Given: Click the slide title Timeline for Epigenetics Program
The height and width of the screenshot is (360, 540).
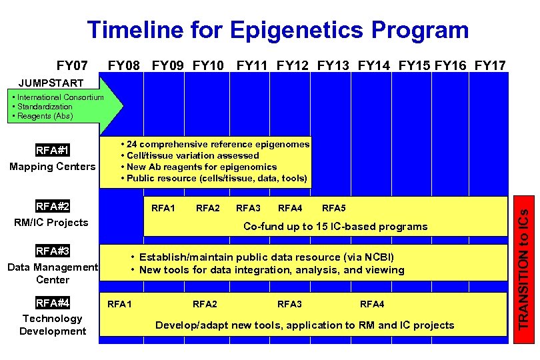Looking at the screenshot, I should tap(278, 30).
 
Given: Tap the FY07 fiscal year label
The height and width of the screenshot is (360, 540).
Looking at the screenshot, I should tap(72, 65).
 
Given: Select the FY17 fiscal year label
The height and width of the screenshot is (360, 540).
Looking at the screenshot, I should tap(490, 65).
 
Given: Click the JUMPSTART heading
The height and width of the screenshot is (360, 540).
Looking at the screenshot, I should tap(51, 83).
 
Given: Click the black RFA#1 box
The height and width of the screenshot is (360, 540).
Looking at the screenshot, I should tap(53, 150).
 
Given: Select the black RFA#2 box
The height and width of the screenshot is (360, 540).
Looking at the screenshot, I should tap(53, 207).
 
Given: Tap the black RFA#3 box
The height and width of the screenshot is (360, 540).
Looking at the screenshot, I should tap(53, 251).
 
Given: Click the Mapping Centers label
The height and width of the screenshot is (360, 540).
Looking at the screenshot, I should tap(53, 167).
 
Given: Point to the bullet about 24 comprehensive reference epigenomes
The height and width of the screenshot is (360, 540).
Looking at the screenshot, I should tap(215, 144).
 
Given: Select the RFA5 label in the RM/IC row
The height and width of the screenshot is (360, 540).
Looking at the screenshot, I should tap(334, 208).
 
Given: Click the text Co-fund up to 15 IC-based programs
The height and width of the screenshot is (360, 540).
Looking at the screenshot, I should tap(335, 227).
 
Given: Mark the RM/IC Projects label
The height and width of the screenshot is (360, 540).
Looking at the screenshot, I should tap(51, 223).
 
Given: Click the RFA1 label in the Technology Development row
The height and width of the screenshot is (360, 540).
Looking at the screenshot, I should tap(119, 304).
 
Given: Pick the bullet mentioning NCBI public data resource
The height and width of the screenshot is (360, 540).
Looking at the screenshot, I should tap(263, 257).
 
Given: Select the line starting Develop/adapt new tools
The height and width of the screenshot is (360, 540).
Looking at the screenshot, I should tap(305, 325).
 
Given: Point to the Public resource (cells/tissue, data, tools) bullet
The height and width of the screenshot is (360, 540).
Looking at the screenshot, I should tap(213, 178).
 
